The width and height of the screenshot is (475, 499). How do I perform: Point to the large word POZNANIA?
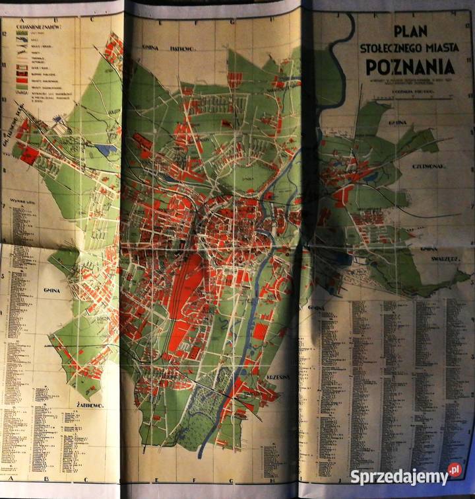tap(411, 67)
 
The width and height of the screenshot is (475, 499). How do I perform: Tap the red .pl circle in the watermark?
tap(455, 471)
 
